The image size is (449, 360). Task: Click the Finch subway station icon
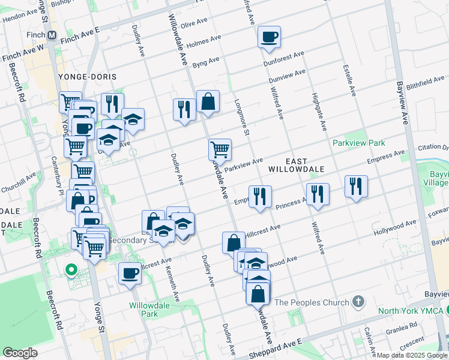[52, 35]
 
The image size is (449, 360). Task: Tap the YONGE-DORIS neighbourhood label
[88, 77]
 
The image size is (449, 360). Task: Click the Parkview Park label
[359, 143]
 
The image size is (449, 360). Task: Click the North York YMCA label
[410, 311]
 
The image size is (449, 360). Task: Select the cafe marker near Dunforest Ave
[269, 37]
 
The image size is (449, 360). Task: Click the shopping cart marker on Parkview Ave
[220, 149]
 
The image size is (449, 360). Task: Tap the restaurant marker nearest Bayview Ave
[357, 186]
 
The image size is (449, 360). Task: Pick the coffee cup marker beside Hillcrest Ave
[130, 274]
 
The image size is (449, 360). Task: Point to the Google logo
[20, 353]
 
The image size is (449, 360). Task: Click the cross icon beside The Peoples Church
[358, 301]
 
